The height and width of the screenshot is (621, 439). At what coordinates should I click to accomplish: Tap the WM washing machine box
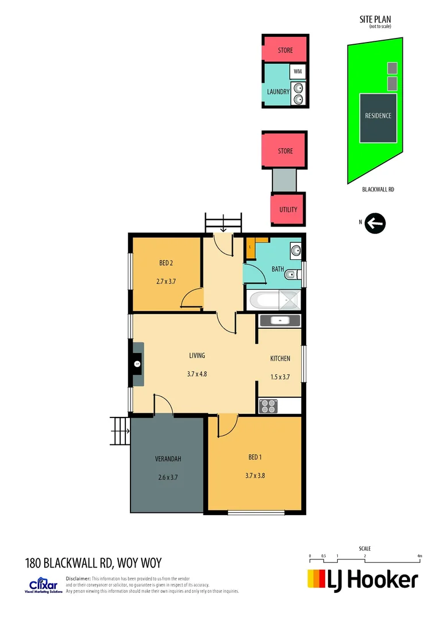pyautogui.click(x=297, y=71)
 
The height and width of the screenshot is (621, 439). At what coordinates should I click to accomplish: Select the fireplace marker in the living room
pyautogui.click(x=137, y=363)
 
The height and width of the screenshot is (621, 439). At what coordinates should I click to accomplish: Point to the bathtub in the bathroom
pyautogui.click(x=272, y=300)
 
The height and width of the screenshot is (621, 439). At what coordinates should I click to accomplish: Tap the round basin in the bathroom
pyautogui.click(x=296, y=250)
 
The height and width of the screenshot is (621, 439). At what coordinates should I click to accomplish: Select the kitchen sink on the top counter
pyautogui.click(x=280, y=320)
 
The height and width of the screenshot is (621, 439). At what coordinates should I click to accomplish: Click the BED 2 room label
pyautogui.click(x=166, y=263)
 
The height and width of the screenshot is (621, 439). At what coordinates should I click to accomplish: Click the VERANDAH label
pyautogui.click(x=168, y=459)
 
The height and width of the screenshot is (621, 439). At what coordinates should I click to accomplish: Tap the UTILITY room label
pyautogui.click(x=288, y=209)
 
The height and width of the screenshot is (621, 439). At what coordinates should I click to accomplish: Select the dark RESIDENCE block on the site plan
pyautogui.click(x=378, y=117)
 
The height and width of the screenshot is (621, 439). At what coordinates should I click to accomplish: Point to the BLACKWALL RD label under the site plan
pyautogui.click(x=379, y=189)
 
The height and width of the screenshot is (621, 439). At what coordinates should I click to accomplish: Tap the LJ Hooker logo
pyautogui.click(x=363, y=580)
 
